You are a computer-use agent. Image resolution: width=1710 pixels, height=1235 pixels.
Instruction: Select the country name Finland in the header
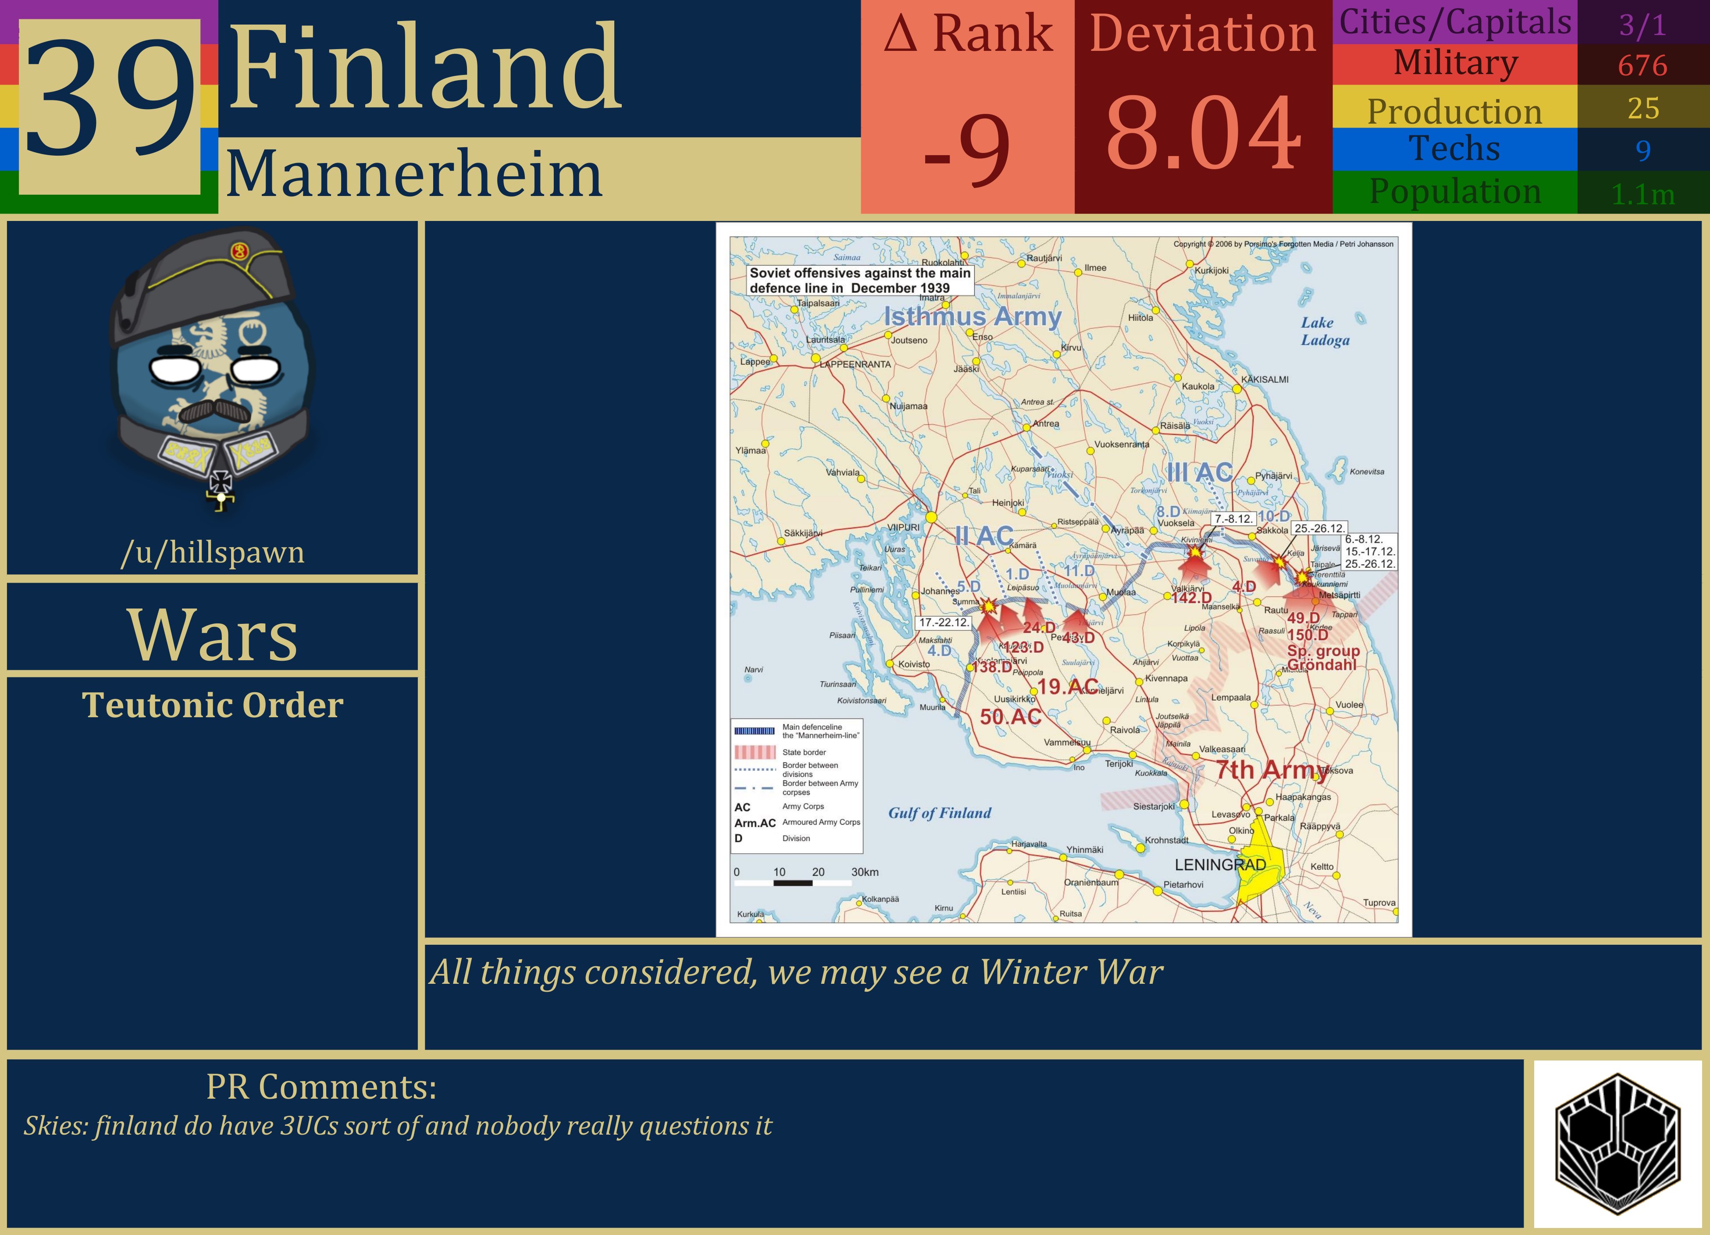click(x=424, y=68)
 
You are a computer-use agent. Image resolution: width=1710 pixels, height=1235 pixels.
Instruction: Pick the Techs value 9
click(x=1643, y=151)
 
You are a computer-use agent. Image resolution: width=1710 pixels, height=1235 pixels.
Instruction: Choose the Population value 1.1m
click(x=1643, y=195)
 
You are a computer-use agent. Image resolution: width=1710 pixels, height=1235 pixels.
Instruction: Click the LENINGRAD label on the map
click(x=1220, y=865)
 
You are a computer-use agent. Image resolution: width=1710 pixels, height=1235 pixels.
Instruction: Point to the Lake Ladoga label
click(x=1325, y=331)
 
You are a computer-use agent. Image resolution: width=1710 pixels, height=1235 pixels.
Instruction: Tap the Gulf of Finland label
click(x=940, y=813)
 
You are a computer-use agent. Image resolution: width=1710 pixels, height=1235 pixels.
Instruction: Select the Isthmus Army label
click(x=972, y=317)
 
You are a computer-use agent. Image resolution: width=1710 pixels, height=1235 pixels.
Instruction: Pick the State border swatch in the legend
click(x=755, y=752)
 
